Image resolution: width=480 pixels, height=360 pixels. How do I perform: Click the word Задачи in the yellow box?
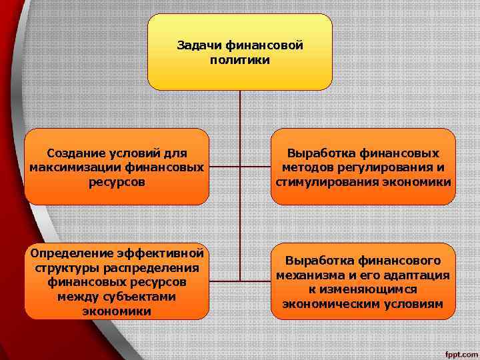pyautogui.click(x=199, y=46)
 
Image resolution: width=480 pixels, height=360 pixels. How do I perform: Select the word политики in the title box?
pyautogui.click(x=239, y=60)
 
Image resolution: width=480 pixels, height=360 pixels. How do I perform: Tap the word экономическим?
pyautogui.click(x=329, y=303)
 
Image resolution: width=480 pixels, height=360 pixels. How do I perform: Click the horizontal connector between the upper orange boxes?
pyautogui.click(x=240, y=167)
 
